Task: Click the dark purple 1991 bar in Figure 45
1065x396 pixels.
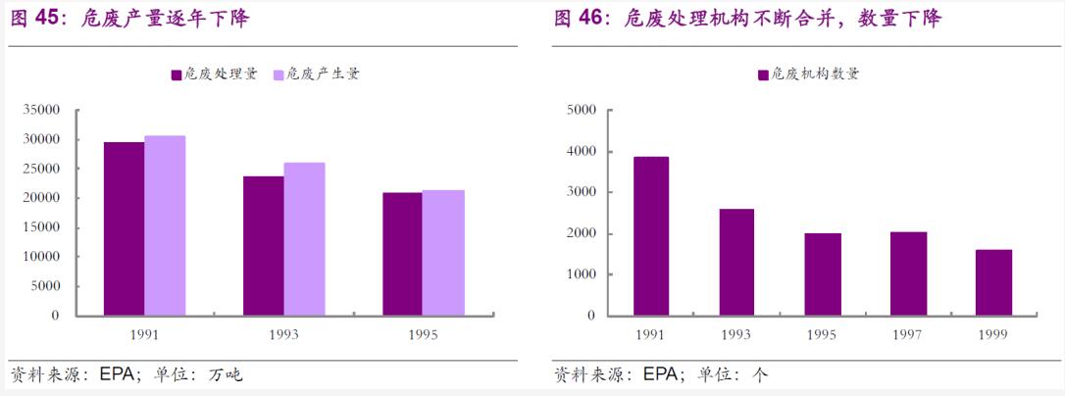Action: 124,228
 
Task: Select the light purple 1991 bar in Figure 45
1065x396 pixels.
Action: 165,225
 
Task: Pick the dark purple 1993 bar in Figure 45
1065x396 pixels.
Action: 264,245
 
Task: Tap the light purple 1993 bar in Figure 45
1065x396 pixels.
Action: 304,238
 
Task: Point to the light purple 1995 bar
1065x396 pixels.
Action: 443,252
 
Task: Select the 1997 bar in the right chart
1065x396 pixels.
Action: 908,273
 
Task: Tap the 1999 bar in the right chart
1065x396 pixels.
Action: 993,282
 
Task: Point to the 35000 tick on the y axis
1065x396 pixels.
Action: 41,110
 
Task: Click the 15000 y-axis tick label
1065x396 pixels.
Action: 41,227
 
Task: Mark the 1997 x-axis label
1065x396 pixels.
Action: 908,334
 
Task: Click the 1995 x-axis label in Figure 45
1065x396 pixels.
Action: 423,334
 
